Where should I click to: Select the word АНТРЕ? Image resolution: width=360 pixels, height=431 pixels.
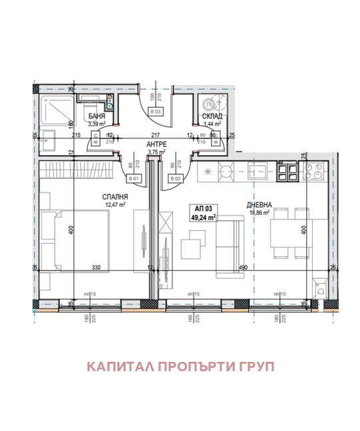pos(156,144)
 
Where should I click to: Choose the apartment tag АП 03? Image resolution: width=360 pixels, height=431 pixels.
pos(204,208)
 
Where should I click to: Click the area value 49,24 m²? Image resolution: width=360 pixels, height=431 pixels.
pos(204,217)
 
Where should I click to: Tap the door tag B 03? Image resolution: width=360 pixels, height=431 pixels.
pos(156,111)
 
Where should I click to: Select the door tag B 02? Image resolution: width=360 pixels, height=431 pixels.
pos(175,178)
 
